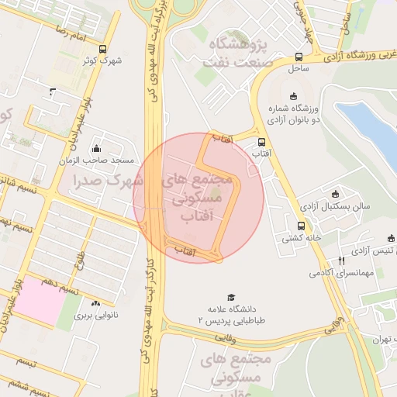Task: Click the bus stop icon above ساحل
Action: pyautogui.click(x=299, y=57)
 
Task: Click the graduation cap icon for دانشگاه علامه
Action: pyautogui.click(x=230, y=297)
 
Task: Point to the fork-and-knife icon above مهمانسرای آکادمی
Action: pyautogui.click(x=340, y=261)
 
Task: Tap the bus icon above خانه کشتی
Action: pyautogui.click(x=300, y=226)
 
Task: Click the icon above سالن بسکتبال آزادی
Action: pyautogui.click(x=334, y=194)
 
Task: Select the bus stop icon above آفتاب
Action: pyautogui.click(x=261, y=143)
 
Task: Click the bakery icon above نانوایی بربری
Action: pyautogui.click(x=95, y=304)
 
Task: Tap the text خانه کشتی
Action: pyautogui.click(x=301, y=238)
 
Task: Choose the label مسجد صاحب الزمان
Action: pyautogui.click(x=101, y=161)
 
